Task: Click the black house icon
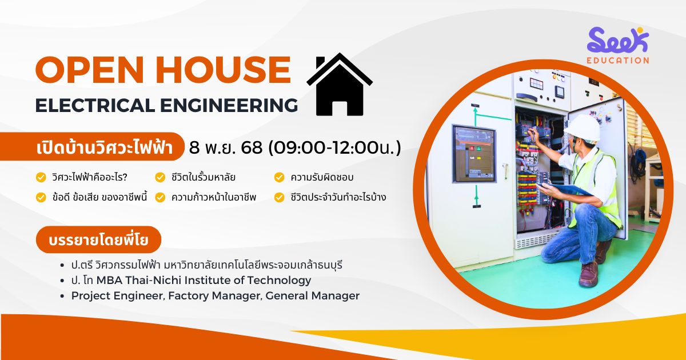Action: coord(340,89)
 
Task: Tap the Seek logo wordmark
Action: coord(618,40)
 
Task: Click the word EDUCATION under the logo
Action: coord(618,61)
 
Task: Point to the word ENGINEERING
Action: coord(229,105)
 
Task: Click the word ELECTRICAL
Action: coord(95,105)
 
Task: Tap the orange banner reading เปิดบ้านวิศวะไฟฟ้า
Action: coord(92,147)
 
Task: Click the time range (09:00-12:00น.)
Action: coord(334,147)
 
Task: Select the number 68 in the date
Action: coord(252,147)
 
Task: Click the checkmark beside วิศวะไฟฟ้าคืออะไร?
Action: coord(41,177)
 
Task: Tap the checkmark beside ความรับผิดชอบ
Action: coord(279,177)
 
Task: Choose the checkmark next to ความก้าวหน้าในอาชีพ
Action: coord(160,198)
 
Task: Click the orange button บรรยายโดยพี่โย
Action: coord(98,239)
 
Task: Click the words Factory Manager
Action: coord(215,296)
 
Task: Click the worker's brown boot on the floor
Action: coord(589,273)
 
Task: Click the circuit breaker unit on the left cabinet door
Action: coord(474,154)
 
